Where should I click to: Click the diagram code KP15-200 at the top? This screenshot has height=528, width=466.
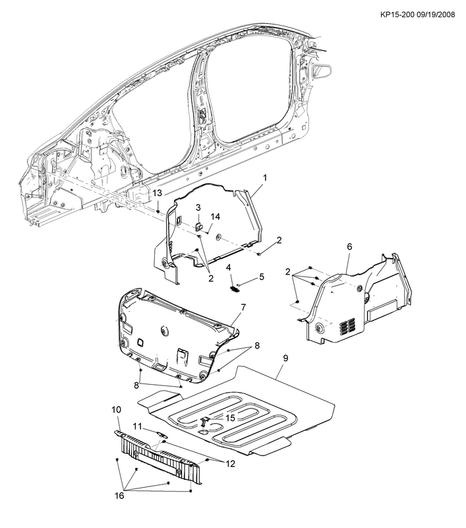(x=397, y=15)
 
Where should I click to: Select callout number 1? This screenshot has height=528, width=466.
(x=265, y=178)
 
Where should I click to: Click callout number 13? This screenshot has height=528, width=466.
(x=158, y=193)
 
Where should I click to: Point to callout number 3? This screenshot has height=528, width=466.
(x=198, y=207)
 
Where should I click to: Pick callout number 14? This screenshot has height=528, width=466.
(x=216, y=216)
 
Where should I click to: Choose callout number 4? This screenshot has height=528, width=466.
(x=228, y=267)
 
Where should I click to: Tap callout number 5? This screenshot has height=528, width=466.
(x=262, y=277)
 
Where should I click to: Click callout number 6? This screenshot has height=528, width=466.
(x=349, y=247)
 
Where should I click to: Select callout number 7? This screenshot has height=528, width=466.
(x=243, y=307)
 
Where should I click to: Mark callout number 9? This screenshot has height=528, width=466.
(x=285, y=358)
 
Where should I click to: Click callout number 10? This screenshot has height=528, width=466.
(x=116, y=410)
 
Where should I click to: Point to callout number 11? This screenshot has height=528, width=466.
(x=138, y=426)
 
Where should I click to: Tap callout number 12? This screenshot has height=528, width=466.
(x=230, y=463)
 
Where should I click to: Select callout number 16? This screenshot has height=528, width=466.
(x=119, y=496)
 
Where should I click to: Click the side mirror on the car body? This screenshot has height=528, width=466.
(x=322, y=71)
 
